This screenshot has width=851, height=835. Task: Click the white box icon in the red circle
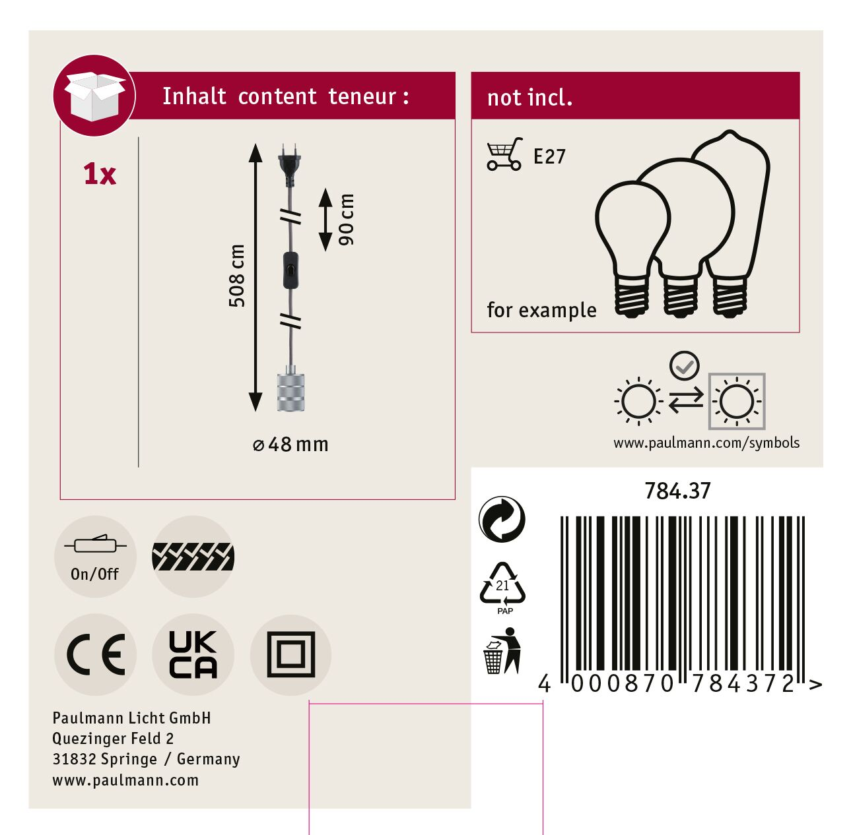tap(94, 96)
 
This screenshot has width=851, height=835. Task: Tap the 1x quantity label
tap(100, 174)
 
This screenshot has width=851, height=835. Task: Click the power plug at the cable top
tap(289, 165)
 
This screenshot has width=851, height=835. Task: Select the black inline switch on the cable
tap(290, 270)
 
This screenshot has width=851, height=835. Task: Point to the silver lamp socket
tap(290, 389)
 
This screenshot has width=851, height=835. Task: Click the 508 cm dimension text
tap(237, 276)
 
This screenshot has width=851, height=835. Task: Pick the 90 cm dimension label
tap(346, 220)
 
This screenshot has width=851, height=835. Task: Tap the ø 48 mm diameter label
tap(290, 445)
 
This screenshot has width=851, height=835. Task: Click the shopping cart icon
tap(504, 154)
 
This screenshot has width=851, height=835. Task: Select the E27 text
tap(549, 157)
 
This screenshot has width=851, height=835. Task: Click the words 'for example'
tap(541, 310)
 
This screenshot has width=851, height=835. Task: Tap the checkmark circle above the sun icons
tap(684, 365)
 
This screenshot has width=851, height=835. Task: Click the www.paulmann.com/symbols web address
tap(706, 443)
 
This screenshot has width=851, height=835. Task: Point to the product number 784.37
tap(677, 491)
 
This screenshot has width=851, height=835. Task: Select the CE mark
tap(95, 654)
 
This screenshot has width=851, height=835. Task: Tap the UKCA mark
tap(193, 654)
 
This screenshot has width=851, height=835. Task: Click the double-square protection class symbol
tap(291, 654)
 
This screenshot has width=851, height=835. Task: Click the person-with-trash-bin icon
tap(502, 651)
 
